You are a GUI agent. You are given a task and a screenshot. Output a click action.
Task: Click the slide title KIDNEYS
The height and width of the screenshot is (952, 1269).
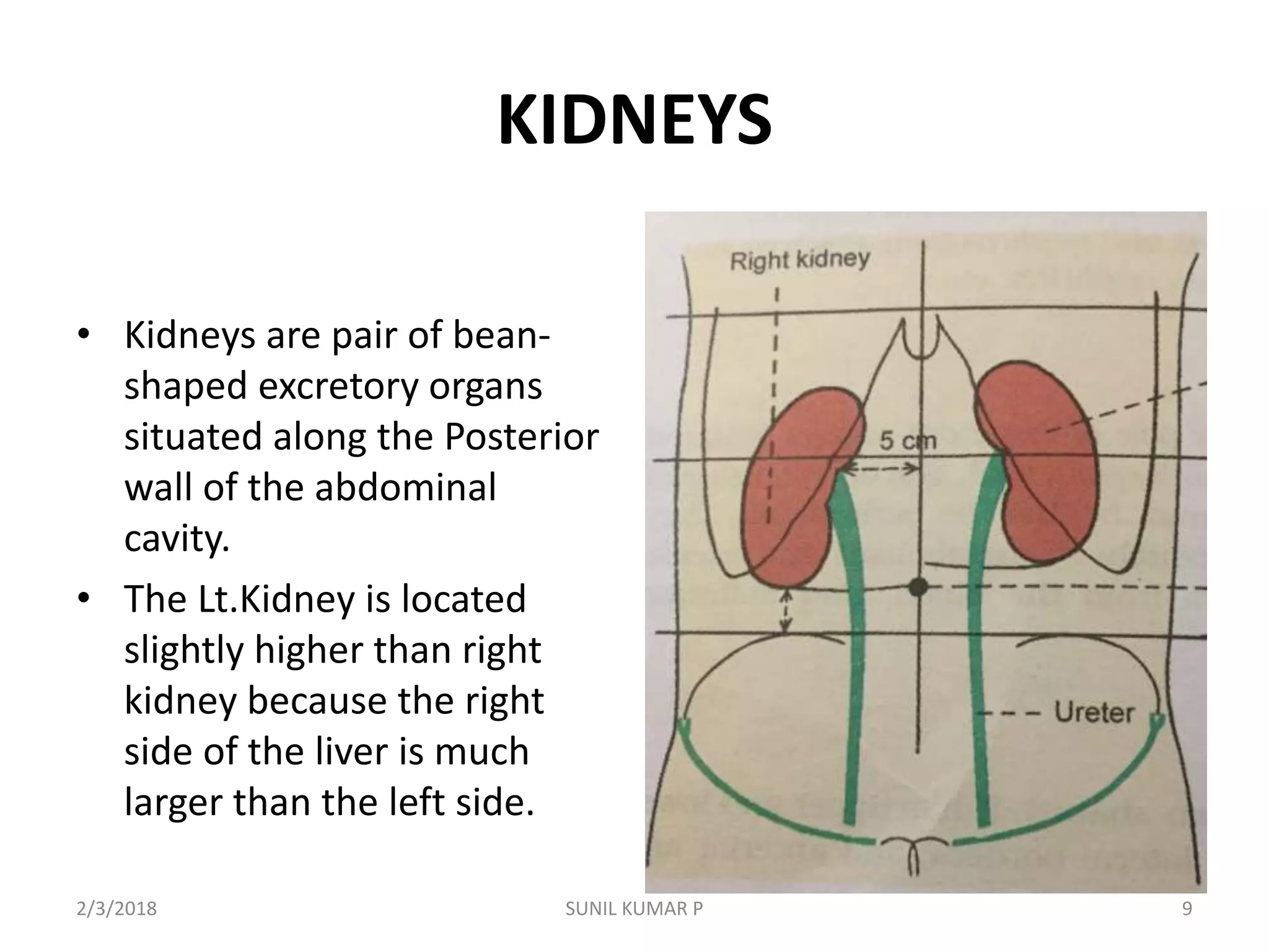[x=634, y=121]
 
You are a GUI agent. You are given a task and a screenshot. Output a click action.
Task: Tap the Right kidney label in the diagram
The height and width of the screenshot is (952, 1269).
[x=799, y=260]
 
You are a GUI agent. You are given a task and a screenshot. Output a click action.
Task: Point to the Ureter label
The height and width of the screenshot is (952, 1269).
[x=1094, y=713]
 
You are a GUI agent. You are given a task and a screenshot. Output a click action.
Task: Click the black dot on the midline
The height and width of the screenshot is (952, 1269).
[x=918, y=586]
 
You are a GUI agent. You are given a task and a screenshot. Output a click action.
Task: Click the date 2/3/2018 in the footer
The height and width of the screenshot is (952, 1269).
[x=116, y=909]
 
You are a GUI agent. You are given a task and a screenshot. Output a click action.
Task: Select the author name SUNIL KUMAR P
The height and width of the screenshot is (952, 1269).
[x=634, y=909]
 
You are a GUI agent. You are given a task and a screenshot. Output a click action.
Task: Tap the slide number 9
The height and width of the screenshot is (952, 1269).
[x=1187, y=909]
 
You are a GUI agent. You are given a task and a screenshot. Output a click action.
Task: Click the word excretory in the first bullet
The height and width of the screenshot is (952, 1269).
[x=338, y=386]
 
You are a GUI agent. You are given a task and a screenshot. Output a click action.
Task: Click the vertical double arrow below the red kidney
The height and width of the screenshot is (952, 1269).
[x=786, y=611]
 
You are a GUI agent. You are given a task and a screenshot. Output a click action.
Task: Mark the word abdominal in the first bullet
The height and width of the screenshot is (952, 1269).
[x=405, y=488]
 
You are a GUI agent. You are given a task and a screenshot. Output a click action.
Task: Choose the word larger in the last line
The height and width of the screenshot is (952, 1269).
[x=173, y=803]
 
